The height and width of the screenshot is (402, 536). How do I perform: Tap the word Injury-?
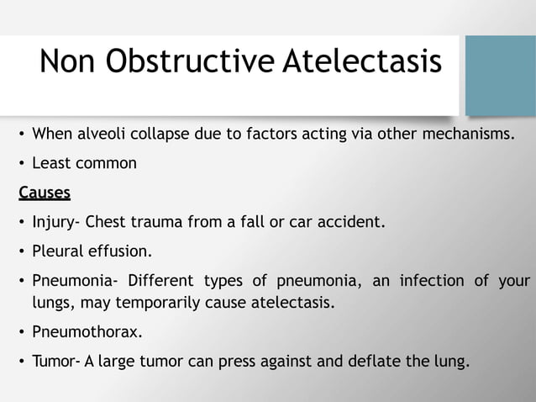point(57,223)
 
